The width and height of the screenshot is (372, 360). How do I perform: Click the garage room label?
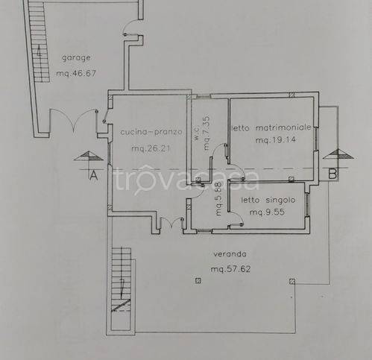tap(76, 58)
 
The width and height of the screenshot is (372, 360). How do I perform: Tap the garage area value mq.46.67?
tap(76, 74)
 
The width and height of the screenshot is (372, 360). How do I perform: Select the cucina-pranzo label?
tap(151, 132)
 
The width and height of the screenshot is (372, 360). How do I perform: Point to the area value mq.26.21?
tap(151, 148)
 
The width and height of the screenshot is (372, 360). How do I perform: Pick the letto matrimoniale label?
tap(271, 127)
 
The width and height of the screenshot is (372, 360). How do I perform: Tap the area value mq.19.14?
tap(276, 140)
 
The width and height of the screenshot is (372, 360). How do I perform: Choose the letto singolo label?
tap(268, 200)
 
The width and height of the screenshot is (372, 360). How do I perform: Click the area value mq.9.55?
tap(267, 212)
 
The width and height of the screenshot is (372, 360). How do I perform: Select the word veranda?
tap(230, 254)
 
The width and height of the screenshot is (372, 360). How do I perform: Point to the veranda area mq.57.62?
tap(230, 269)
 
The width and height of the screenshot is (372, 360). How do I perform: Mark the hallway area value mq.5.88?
tap(218, 199)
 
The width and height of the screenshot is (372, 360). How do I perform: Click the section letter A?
tap(93, 175)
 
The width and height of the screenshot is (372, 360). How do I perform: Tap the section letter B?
tap(332, 174)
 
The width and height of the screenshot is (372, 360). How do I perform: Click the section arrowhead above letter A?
tap(89, 156)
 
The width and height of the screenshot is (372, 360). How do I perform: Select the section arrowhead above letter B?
tap(338, 154)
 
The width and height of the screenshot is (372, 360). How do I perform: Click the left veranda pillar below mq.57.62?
tap(198, 281)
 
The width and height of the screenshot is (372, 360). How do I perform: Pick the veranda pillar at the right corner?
tap(292, 281)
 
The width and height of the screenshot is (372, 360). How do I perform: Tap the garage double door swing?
tap(73, 119)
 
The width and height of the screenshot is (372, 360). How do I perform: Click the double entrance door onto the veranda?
tap(171, 222)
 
